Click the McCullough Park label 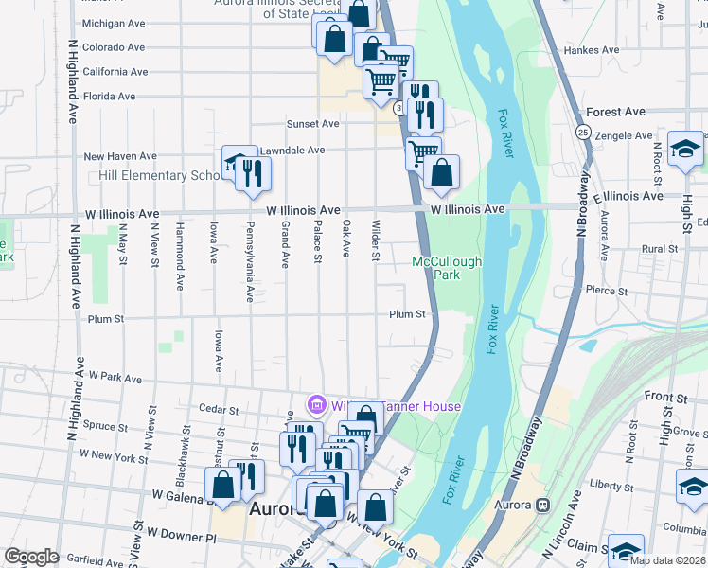tap(447, 269)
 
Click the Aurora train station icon tap(542, 506)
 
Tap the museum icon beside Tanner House tap(315, 406)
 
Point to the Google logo tap(31, 557)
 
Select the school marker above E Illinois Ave tap(685, 150)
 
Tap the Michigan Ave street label tap(114, 24)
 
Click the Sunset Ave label tap(313, 124)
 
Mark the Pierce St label tap(607, 291)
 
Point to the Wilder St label tap(376, 241)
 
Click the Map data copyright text tap(666, 560)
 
